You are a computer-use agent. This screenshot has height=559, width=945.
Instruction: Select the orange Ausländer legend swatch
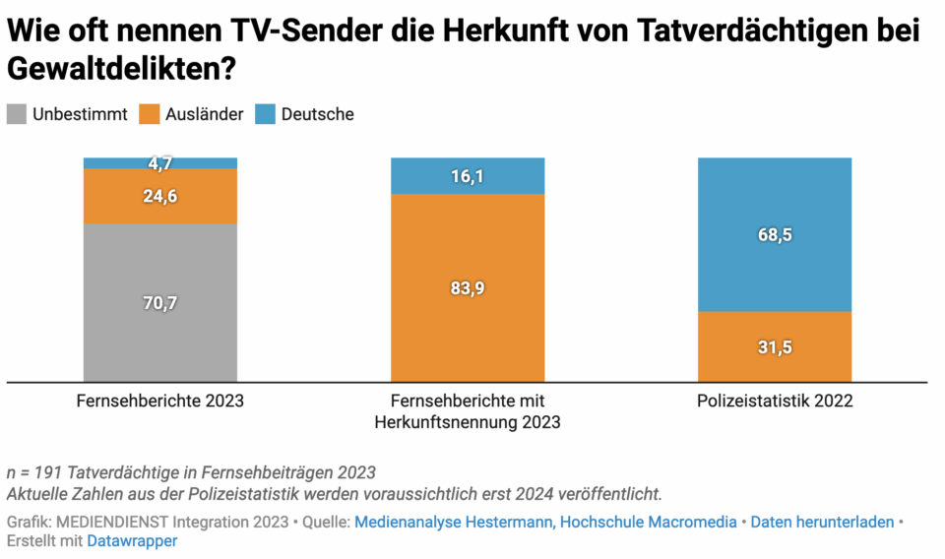[150, 114]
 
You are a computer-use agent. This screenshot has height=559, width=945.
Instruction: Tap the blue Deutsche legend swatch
[266, 114]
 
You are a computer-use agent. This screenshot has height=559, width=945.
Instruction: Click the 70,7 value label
[159, 303]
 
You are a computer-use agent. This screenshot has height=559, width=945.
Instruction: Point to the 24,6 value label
[159, 196]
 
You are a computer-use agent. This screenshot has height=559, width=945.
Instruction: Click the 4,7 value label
[159, 163]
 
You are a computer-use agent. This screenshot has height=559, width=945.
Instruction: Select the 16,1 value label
[468, 176]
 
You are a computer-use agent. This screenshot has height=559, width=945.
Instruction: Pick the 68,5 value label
[775, 234]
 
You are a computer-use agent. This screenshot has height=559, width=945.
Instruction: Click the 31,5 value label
[775, 346]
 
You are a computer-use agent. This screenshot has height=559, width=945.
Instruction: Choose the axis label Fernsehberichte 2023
[159, 402]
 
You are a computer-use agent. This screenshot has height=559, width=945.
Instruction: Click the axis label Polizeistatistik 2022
[775, 402]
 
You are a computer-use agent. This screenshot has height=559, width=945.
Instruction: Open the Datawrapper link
[132, 540]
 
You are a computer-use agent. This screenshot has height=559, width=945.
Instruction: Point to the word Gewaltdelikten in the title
[112, 69]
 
